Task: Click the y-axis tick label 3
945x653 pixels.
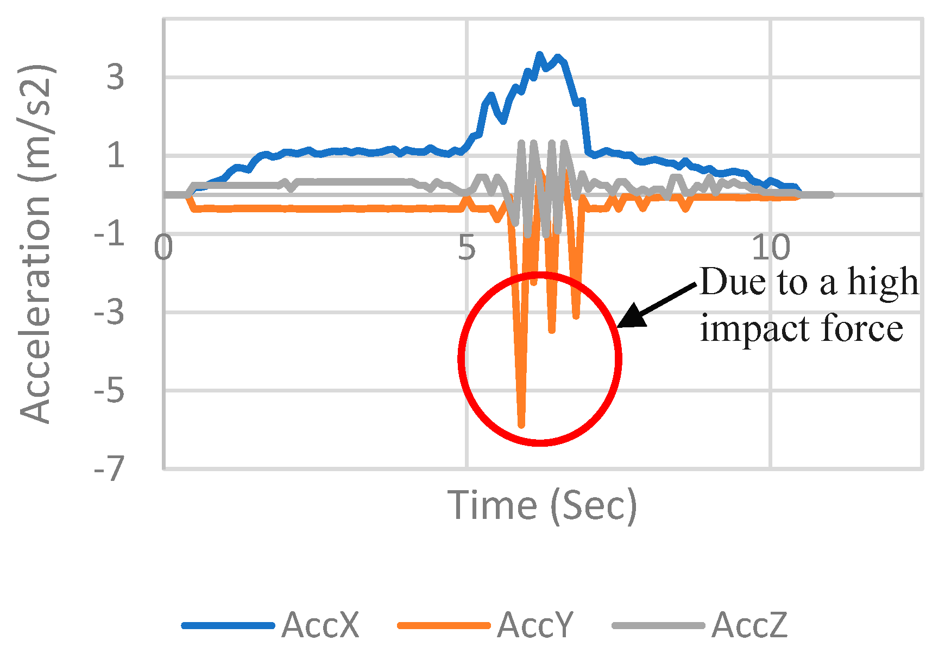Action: [115, 78]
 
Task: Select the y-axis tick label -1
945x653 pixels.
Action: [109, 234]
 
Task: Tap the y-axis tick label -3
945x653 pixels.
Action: [109, 313]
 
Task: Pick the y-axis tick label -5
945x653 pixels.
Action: [109, 391]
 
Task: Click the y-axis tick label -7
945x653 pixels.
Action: [109, 469]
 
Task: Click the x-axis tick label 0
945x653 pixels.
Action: [163, 248]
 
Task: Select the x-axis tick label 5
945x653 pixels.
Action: [467, 248]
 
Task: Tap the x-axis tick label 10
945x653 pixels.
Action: [771, 248]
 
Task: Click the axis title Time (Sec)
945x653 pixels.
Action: [542, 505]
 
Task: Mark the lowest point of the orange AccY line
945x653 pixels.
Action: [521, 426]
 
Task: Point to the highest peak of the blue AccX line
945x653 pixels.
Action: [539, 54]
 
